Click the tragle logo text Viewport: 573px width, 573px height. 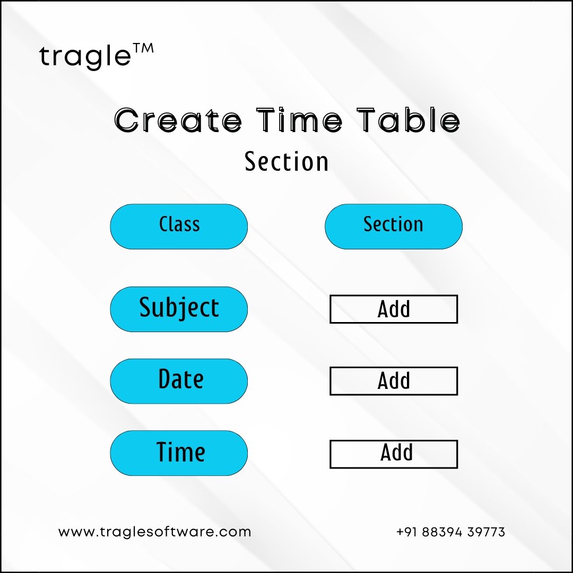point(85,57)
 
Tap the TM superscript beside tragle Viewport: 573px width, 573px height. point(143,48)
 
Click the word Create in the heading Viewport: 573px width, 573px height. point(178,120)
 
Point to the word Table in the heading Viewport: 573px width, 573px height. point(408,119)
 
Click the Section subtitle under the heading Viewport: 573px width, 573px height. point(286,161)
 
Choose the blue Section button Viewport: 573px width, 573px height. point(394,227)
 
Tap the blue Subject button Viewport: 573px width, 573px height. point(179,309)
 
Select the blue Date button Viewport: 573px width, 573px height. point(179,381)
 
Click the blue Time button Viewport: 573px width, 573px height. point(179,453)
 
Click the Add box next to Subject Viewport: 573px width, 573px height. point(394,309)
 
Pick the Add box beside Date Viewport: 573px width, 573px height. point(394,381)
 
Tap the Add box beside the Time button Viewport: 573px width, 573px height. point(394,454)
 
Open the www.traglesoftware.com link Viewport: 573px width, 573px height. point(154,532)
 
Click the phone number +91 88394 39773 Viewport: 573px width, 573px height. point(450,532)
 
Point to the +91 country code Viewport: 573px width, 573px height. point(407,532)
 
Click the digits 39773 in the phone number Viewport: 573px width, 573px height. point(486,532)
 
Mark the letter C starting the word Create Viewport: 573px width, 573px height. point(126,120)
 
